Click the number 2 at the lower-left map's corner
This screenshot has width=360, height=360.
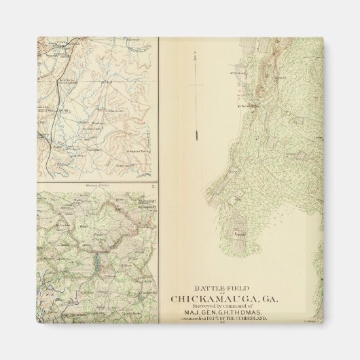[x=154, y=185]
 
